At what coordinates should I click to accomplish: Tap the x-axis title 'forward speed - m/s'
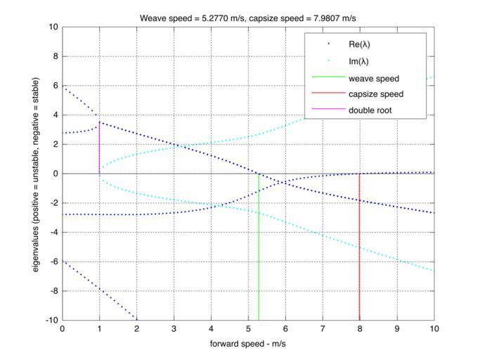click(x=248, y=344)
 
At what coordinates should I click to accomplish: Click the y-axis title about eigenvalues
click(x=35, y=174)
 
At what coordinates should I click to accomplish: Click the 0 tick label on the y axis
click(x=56, y=174)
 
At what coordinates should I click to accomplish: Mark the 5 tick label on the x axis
click(x=248, y=328)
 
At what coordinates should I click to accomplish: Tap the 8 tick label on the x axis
click(x=360, y=328)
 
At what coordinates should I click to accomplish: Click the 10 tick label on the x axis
click(x=434, y=328)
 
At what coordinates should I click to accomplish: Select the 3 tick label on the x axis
click(x=174, y=328)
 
